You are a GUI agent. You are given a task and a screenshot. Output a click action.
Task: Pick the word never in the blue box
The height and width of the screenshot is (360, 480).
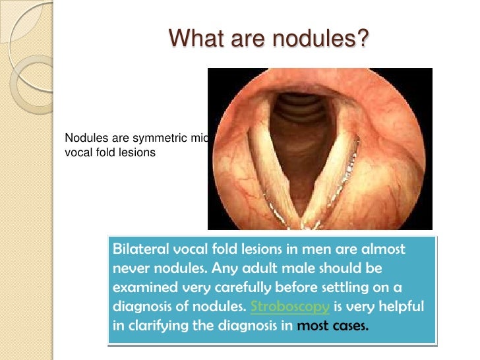click(132, 269)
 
